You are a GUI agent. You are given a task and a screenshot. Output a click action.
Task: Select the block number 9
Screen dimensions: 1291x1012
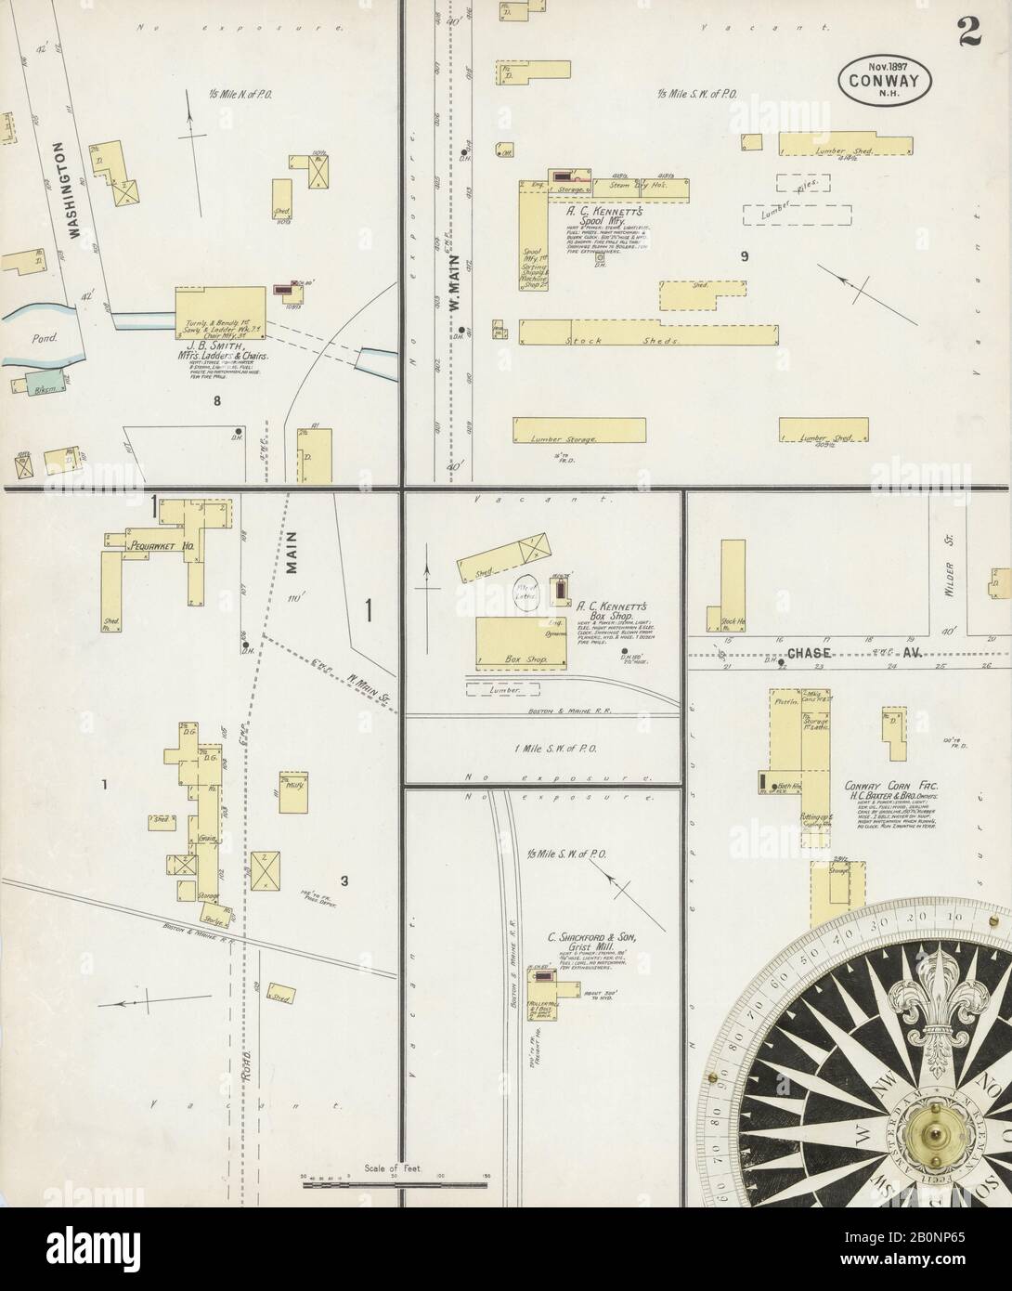(744, 256)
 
